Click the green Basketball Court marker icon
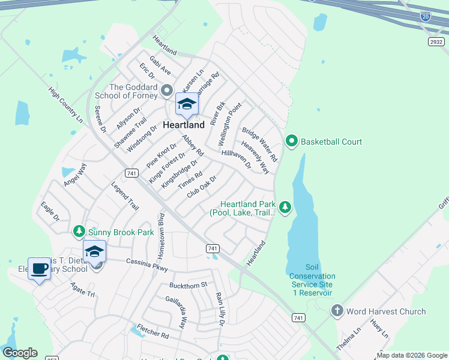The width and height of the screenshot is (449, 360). coord(292,142)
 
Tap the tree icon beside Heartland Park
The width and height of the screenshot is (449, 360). coord(286,208)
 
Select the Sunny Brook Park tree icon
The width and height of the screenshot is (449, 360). coord(79,231)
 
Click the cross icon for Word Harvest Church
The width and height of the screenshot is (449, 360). coord(337,311)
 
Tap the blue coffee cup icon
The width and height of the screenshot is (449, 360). coord(40,268)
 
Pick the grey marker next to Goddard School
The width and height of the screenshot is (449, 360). coord(167,92)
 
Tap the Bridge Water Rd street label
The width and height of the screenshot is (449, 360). coord(259,145)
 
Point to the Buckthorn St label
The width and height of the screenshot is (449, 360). coord(188,284)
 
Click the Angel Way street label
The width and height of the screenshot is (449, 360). coord(74,174)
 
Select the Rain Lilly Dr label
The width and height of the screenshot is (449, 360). coord(220,309)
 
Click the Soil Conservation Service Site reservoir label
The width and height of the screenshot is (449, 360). coord(312,280)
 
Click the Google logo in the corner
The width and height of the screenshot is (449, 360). coord(19,353)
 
